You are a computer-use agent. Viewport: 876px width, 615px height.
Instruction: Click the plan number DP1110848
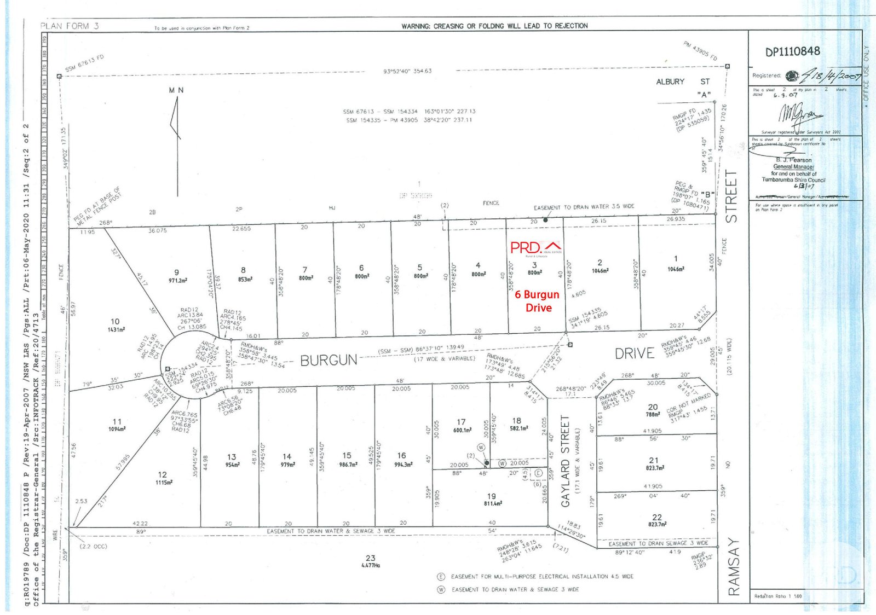pos(792,51)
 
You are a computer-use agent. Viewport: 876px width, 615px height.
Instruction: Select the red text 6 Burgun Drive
pos(537,301)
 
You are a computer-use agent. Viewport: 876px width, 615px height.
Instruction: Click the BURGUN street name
pos(328,360)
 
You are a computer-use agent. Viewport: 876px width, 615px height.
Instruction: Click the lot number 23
pos(370,558)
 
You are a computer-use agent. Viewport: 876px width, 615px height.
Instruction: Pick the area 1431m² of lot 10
pos(116,330)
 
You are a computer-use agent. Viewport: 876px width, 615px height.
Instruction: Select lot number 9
pos(176,272)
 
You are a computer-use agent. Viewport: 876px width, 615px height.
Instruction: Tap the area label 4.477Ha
pos(371,565)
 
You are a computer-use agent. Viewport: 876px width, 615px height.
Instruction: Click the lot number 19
pos(491,496)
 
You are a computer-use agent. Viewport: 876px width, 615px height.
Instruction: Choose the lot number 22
pos(657,517)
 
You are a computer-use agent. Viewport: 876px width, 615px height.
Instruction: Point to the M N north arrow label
pos(176,90)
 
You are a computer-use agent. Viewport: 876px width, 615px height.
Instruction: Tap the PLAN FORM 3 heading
pos(70,26)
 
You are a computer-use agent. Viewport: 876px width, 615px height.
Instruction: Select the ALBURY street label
pos(670,82)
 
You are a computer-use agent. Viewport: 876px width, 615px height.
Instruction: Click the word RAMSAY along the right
pos(733,567)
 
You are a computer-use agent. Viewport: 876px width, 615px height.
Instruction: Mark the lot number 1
pos(676,258)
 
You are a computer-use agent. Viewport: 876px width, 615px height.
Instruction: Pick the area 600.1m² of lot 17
pos(462,430)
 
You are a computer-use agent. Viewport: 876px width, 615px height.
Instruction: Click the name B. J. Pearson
pos(793,160)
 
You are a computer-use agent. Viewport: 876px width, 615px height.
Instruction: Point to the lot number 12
pos(162,474)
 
